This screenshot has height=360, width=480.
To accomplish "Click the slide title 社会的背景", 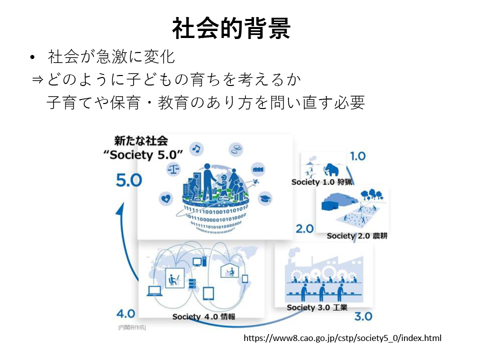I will [x=231, y=28].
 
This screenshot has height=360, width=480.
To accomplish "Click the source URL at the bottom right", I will [x=342, y=338].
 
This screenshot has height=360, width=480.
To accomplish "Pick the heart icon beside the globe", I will [x=165, y=198].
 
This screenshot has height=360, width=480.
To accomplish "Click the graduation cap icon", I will [x=265, y=198].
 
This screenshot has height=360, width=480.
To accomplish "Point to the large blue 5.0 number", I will [x=129, y=180].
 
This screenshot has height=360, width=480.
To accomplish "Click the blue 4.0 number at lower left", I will [x=125, y=313].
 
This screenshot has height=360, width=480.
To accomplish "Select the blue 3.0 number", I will [x=363, y=316].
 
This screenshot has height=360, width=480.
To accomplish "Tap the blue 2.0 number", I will [x=304, y=228].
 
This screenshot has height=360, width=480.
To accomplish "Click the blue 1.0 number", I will [x=357, y=156].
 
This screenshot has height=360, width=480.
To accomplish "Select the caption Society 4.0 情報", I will [x=203, y=316].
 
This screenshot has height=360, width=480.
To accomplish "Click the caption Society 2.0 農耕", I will [x=357, y=235].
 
